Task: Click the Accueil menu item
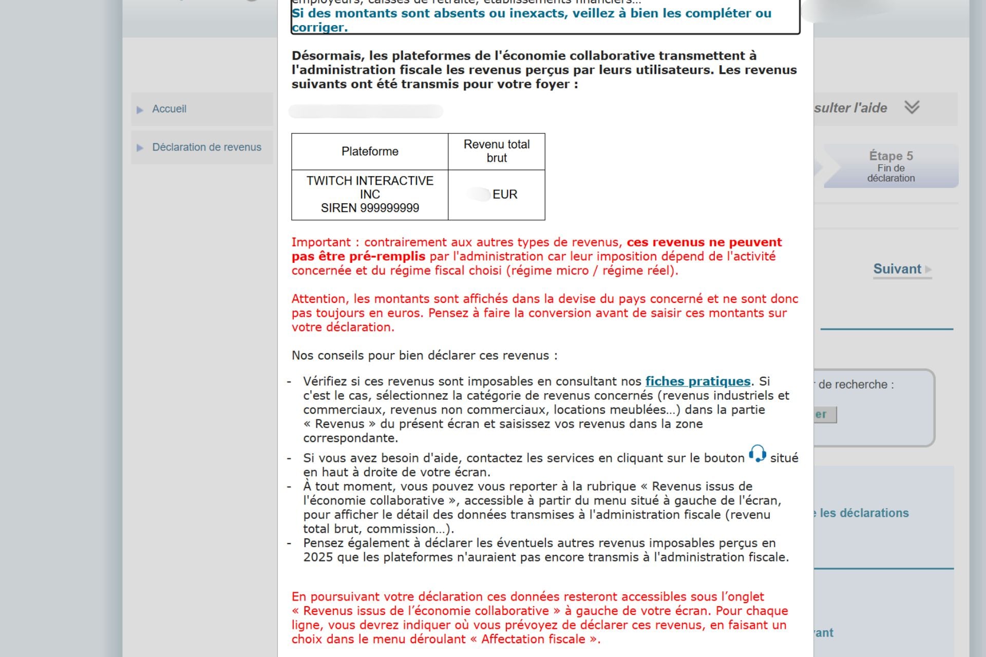(169, 109)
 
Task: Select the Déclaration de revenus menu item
(206, 147)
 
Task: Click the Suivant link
(897, 269)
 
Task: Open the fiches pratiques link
(698, 381)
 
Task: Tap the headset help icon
(757, 454)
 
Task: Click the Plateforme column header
(370, 151)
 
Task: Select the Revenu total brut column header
(497, 151)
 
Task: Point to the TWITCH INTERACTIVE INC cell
(370, 187)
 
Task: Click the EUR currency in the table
(505, 195)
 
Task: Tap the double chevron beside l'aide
(912, 107)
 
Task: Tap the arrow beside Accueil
(140, 110)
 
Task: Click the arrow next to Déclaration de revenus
(140, 148)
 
